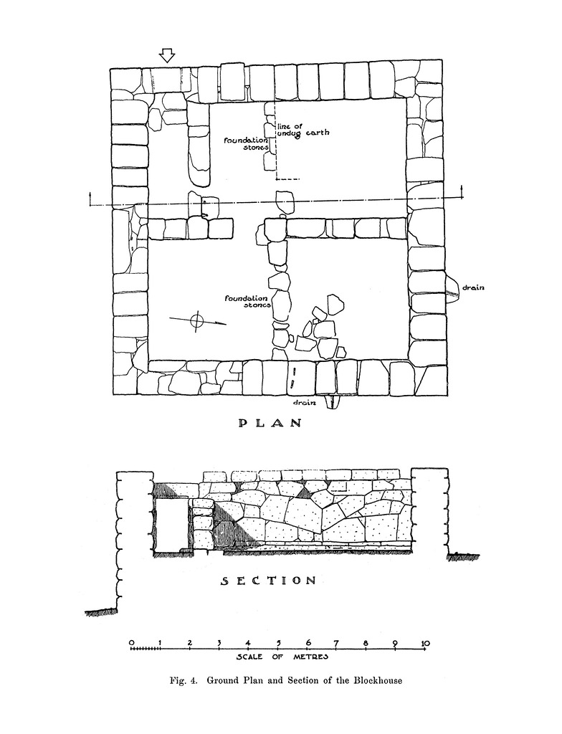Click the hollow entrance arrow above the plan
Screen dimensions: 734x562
pos(167,55)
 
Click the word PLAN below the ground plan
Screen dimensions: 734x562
pos(270,423)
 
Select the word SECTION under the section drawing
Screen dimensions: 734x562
pos(267,581)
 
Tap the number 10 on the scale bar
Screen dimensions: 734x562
pos(425,642)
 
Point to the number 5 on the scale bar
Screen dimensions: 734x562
pos(278,642)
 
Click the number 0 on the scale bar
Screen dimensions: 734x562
pos(131,642)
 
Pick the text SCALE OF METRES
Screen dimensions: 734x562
pos(282,657)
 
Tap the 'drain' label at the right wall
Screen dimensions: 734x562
pos(474,288)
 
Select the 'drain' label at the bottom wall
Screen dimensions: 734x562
pos(306,403)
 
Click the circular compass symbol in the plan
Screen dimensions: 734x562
pos(197,321)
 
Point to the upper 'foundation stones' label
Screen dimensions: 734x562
pos(245,144)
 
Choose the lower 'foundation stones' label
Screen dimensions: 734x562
pos(245,301)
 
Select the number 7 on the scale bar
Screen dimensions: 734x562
pos(337,642)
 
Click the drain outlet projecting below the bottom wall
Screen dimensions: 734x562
pos(332,402)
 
